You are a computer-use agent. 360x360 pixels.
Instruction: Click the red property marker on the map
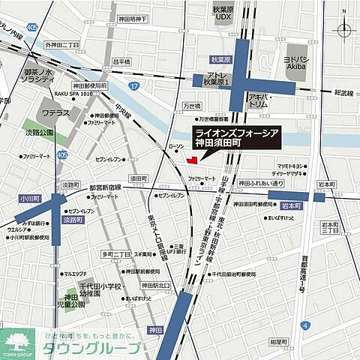pos(193,159)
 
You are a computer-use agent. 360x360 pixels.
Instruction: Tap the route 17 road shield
pos(133,87)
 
